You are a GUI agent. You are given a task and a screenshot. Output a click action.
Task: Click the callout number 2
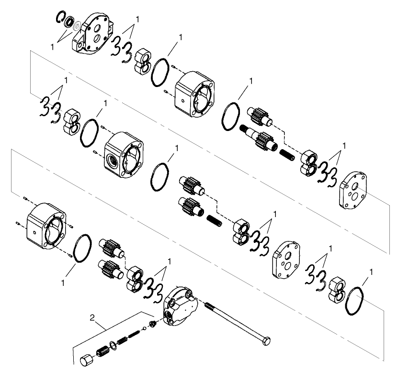[x=93, y=316]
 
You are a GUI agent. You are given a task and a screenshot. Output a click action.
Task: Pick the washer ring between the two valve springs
[x=112, y=345]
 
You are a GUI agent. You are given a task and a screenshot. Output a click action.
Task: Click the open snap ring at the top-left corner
[x=60, y=16]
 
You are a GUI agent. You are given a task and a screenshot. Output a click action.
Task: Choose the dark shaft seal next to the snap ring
[x=69, y=22]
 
